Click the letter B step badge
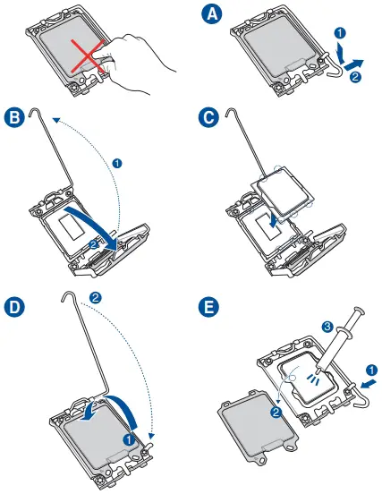14,117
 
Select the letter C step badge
208,117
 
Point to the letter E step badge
208,307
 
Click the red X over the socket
88,55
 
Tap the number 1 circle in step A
339,33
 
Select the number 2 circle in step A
355,77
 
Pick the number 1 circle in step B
117,164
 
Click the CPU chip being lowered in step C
285,190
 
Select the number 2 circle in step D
96,298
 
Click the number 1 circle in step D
129,439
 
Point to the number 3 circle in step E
327,326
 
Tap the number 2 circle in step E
276,412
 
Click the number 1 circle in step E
372,370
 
